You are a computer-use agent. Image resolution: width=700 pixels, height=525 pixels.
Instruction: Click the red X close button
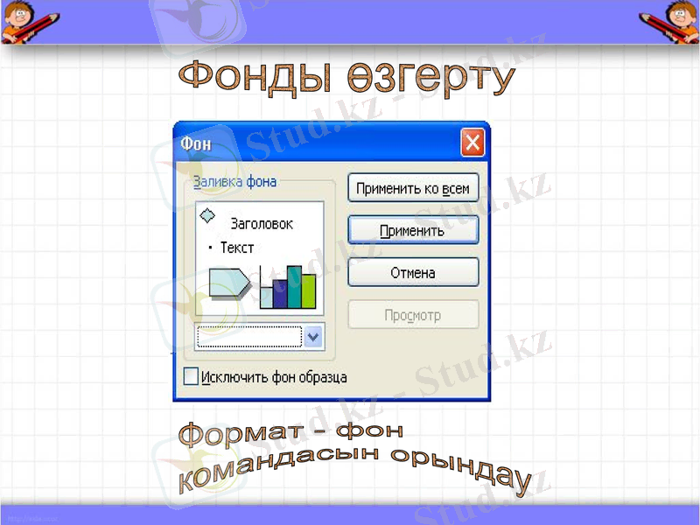[472, 142]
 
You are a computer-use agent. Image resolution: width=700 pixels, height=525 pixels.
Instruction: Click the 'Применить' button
[413, 231]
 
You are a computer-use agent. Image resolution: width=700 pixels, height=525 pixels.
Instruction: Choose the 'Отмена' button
[413, 273]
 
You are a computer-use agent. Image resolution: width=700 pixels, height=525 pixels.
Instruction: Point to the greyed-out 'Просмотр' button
[413, 315]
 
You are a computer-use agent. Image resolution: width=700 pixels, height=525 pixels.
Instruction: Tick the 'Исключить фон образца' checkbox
[191, 377]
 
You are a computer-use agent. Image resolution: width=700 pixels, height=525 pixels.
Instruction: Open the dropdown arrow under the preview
[313, 337]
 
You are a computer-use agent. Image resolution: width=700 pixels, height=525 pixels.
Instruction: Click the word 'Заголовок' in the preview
[262, 224]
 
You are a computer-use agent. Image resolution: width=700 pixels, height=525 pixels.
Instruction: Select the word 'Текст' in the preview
[237, 248]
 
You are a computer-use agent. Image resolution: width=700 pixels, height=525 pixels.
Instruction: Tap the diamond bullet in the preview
[208, 215]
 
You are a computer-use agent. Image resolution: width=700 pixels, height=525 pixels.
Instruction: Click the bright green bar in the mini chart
[308, 290]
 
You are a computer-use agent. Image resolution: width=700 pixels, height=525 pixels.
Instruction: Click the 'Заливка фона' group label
[234, 182]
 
